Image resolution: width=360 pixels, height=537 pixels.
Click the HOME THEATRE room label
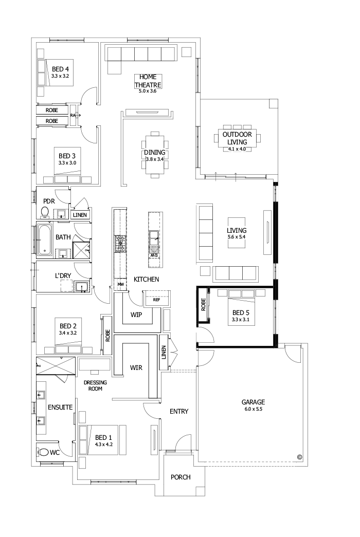tap(148, 81)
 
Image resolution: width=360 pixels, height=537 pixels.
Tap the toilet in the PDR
tap(45, 212)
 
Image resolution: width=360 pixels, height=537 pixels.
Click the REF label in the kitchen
tap(156, 299)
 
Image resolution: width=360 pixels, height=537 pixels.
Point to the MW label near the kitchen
tap(121, 284)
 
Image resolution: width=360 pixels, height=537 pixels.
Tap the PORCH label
tap(181, 477)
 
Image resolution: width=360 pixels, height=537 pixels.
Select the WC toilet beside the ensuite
tap(45, 452)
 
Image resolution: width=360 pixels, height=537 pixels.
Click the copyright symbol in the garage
tap(299, 456)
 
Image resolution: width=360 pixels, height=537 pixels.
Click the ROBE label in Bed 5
tap(203, 304)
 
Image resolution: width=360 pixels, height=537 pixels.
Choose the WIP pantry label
tap(136, 314)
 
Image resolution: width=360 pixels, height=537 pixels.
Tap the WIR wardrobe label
tap(136, 368)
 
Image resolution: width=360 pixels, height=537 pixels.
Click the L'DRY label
tap(63, 275)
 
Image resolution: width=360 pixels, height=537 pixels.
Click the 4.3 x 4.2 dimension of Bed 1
tap(103, 444)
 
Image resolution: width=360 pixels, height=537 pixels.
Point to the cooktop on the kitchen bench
tap(120, 244)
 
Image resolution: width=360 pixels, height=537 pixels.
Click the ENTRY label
tap(179, 411)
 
